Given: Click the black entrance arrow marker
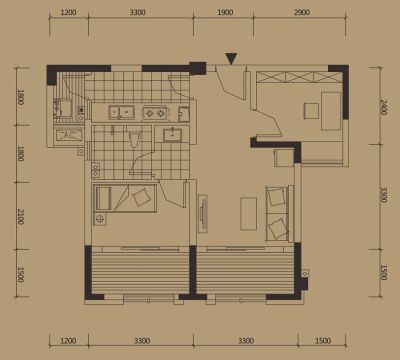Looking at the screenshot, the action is [231, 58].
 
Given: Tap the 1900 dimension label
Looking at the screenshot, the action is [225, 12].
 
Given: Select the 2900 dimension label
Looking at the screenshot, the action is [302, 12].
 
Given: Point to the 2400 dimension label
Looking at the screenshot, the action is [383, 107].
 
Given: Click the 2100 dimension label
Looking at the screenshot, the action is [20, 216].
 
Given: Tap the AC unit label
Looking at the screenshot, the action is [68, 135].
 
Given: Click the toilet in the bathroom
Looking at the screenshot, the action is [134, 139].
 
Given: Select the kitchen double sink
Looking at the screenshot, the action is [122, 112].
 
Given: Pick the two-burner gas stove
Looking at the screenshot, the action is [155, 113].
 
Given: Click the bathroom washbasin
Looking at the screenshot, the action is [172, 135].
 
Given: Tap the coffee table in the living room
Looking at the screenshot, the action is [249, 213].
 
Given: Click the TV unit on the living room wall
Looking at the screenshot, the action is [203, 213].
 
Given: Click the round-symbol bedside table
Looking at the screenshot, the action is [99, 219].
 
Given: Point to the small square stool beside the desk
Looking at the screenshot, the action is [311, 111].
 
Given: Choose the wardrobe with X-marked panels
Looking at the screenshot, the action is [299, 77].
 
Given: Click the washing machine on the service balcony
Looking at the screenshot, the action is [63, 108].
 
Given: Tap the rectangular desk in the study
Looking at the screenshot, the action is [331, 111].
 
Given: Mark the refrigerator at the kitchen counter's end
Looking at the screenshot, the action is [184, 114].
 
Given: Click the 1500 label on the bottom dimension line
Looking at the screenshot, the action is [323, 341].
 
